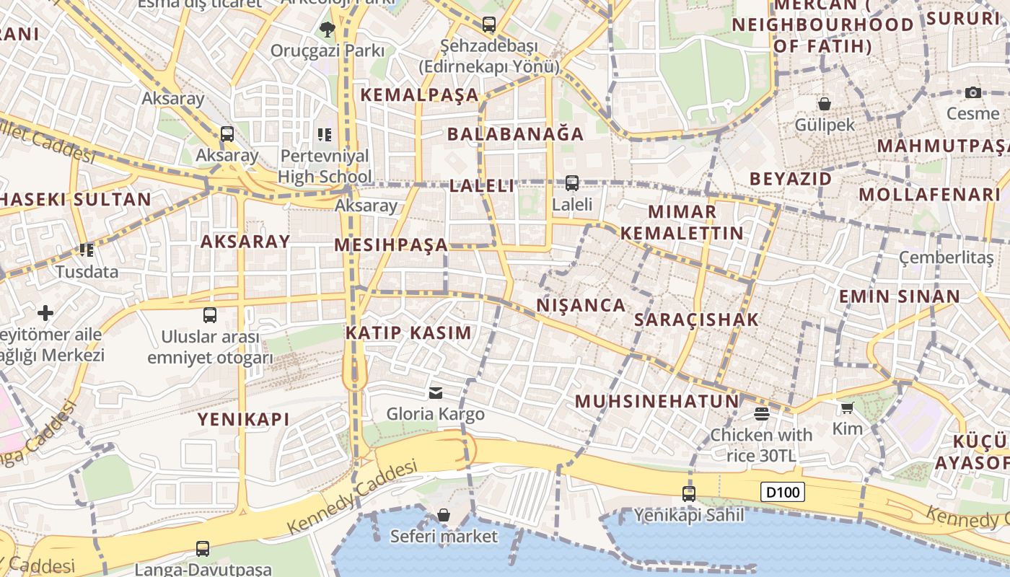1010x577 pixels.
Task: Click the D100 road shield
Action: pos(783,493)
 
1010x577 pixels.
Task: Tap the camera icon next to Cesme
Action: pos(972,92)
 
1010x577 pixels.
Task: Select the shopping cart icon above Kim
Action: pos(847,408)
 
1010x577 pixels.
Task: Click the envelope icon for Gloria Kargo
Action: pos(436,393)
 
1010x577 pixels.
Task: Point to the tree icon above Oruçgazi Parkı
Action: pos(327,30)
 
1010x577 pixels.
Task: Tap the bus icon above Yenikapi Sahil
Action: pos(689,494)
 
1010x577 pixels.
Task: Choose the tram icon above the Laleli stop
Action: pos(572,183)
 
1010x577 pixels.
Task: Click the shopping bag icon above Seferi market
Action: pos(444,515)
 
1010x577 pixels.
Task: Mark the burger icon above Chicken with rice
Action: pos(761,413)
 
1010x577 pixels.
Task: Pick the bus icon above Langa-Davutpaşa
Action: pos(203,549)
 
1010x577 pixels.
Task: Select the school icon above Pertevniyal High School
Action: pos(325,134)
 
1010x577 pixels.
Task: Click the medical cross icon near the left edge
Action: pos(45,313)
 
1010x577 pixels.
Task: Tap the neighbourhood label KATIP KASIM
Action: pos(408,333)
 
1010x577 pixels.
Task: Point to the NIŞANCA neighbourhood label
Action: pos(581,305)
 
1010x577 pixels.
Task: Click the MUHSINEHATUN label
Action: pos(656,402)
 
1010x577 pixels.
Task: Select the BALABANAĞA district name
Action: pos(515,134)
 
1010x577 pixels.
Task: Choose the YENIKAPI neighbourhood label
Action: pos(243,419)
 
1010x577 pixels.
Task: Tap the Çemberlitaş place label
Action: pos(946,257)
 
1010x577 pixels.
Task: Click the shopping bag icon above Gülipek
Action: pos(825,104)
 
